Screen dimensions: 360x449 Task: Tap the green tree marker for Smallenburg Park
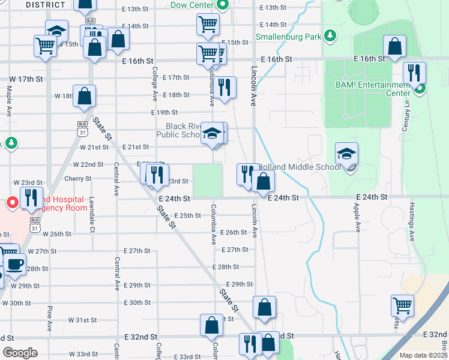pos(330,35)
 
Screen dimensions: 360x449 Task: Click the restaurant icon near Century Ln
pos(414,73)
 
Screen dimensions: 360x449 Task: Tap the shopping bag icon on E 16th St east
pos(394,46)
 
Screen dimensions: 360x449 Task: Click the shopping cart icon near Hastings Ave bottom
pos(402,305)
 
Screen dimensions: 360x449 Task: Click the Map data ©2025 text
pos(423,355)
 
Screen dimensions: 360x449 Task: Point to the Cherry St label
pos(77,178)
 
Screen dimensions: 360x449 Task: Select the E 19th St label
pos(164,112)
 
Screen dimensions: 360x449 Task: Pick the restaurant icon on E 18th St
pos(224,88)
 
